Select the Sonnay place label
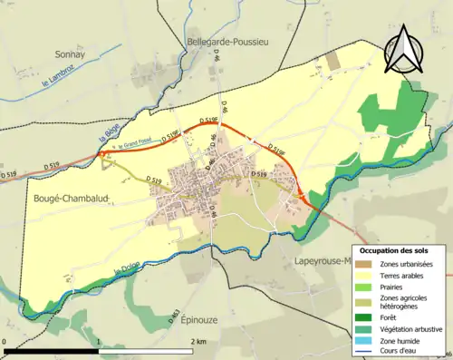71,54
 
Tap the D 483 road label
173,317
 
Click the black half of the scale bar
51,350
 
